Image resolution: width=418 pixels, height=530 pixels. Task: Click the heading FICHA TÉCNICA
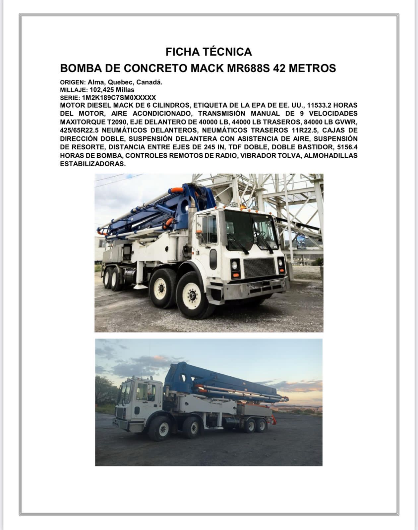(209, 52)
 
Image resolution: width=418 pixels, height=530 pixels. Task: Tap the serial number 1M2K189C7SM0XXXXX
(119, 98)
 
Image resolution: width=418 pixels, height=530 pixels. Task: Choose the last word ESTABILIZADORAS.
(93, 164)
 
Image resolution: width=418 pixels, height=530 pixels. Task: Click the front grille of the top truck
(259, 268)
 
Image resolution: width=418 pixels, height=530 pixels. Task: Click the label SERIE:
(70, 98)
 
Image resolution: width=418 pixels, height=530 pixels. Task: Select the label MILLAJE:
(74, 90)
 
